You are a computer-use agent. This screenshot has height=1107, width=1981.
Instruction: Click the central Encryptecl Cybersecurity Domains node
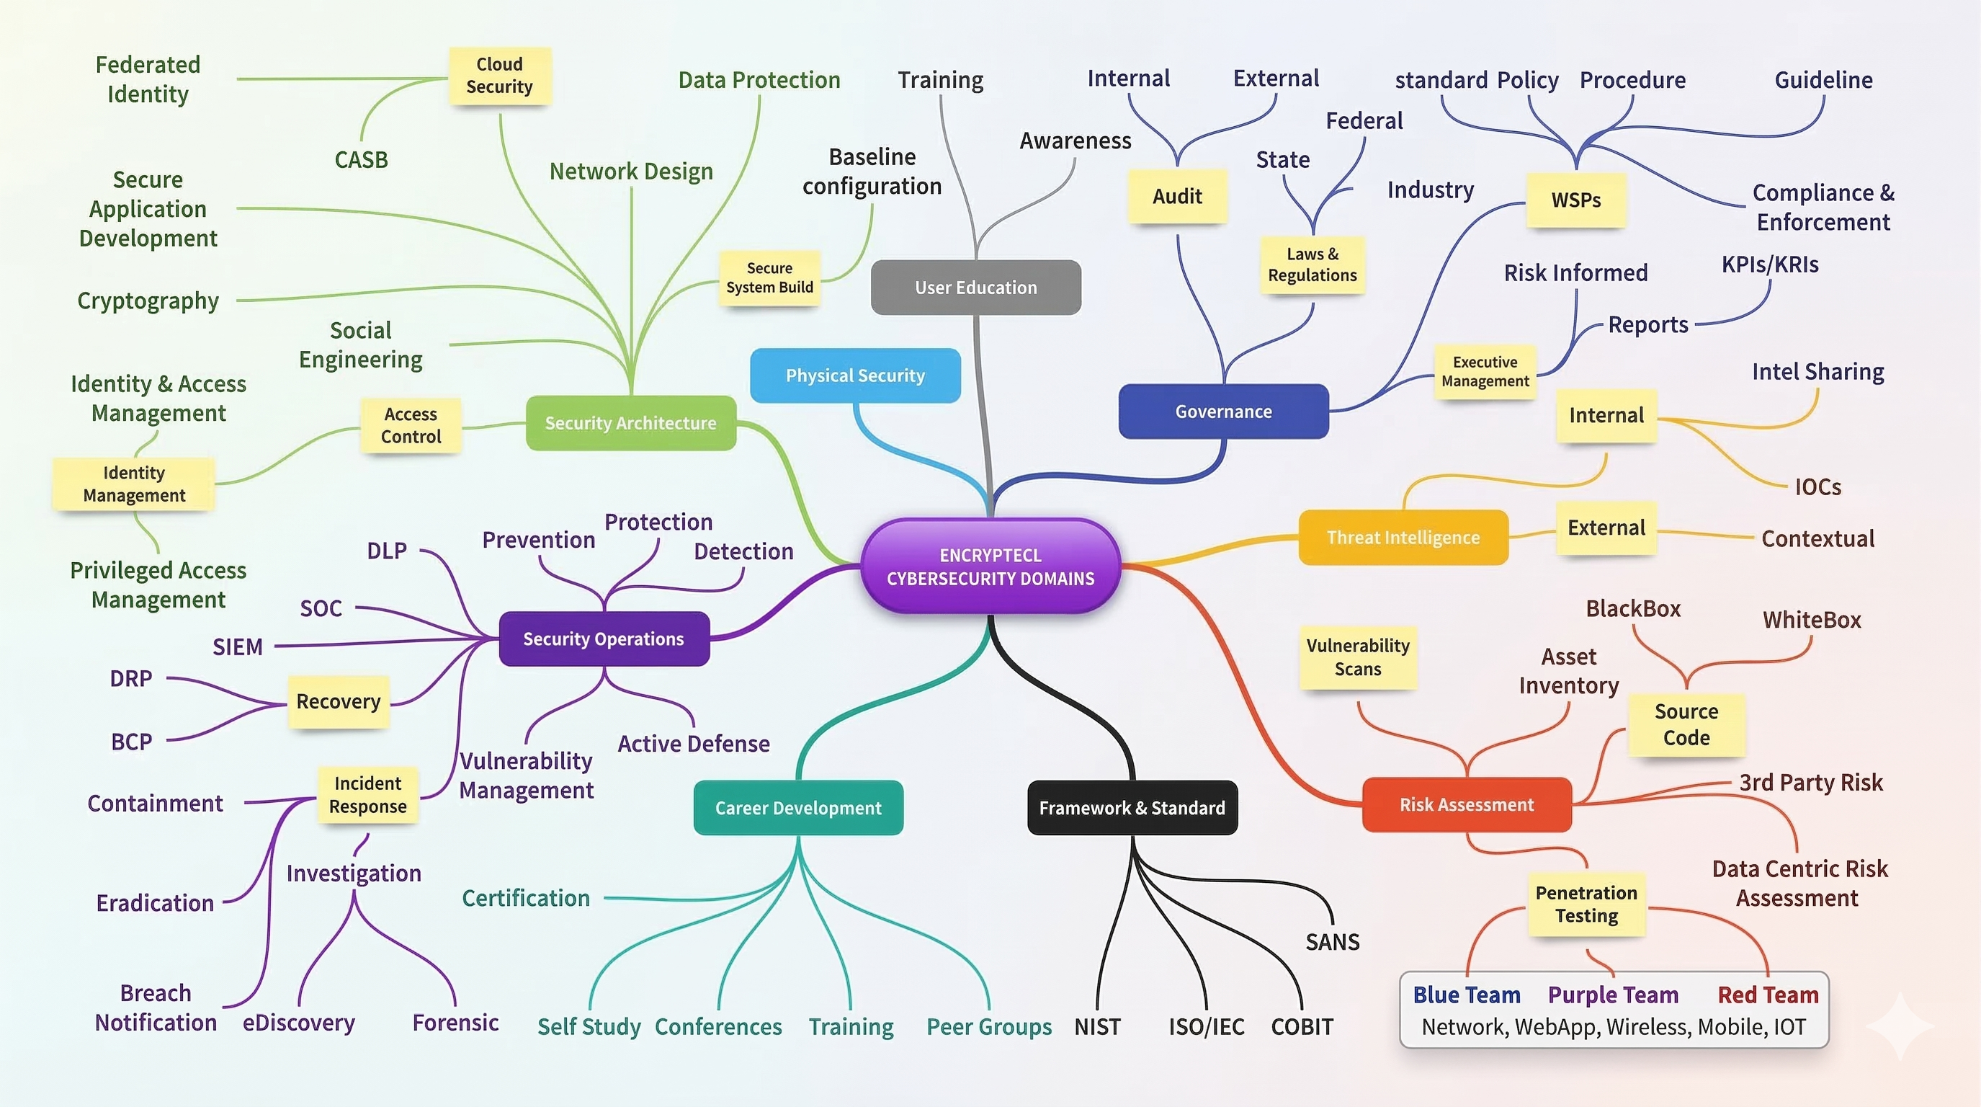click(x=990, y=566)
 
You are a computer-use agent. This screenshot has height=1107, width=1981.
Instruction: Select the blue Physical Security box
click(x=855, y=375)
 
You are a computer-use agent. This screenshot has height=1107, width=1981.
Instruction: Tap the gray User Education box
click(x=975, y=287)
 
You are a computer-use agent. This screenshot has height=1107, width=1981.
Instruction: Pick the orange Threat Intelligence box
click(x=1403, y=537)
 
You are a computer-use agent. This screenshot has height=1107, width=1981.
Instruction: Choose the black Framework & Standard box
click(x=1132, y=808)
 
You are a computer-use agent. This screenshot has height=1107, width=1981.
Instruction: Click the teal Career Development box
click(x=798, y=808)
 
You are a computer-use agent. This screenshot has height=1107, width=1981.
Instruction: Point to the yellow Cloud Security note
click(x=499, y=76)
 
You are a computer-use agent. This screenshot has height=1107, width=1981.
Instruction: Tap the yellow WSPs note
click(x=1575, y=200)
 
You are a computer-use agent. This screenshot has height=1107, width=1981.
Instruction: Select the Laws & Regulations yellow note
click(x=1312, y=264)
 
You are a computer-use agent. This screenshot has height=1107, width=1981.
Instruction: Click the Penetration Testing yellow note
click(x=1586, y=904)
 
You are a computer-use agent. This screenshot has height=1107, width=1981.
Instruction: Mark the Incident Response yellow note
click(x=367, y=795)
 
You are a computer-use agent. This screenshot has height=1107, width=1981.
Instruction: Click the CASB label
click(x=361, y=160)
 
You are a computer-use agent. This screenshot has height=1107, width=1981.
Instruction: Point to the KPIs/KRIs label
click(x=1769, y=264)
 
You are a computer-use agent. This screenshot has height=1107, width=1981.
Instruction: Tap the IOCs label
click(x=1817, y=487)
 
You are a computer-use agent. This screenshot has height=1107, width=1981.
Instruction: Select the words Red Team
click(x=1768, y=995)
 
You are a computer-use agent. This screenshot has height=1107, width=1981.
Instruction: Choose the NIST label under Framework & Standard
click(x=1097, y=1027)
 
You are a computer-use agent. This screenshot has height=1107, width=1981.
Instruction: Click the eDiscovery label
click(x=298, y=1023)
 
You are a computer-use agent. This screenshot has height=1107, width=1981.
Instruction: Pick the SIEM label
click(x=238, y=647)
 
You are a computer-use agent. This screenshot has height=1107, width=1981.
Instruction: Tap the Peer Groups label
click(x=989, y=1027)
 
